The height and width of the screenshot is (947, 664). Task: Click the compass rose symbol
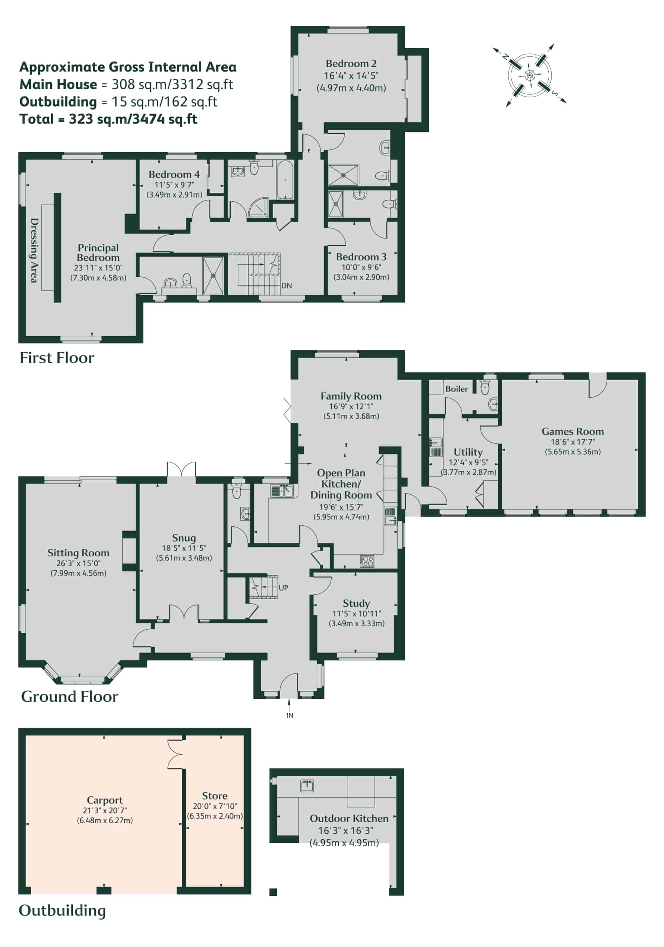point(529,75)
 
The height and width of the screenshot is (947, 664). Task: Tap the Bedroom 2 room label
point(351,64)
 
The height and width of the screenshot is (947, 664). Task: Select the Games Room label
point(573,431)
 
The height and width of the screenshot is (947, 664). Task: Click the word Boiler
point(456,389)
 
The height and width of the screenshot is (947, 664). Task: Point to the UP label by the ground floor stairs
point(283,587)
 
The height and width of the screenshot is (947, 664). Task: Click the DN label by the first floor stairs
point(287,286)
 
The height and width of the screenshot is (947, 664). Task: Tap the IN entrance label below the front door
point(290,715)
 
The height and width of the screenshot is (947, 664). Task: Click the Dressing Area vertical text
point(35,250)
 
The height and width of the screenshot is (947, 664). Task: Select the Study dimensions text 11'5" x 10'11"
point(356,614)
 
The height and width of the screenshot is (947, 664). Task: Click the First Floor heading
point(57,358)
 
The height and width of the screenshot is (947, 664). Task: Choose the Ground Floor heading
point(70,696)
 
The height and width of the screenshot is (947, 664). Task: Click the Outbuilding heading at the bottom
point(62,910)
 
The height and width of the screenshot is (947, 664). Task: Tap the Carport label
point(105,800)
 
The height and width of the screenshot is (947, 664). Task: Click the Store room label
point(215,796)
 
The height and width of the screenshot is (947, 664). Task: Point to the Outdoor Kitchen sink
point(306,786)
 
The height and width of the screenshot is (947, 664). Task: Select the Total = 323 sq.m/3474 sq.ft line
point(108,119)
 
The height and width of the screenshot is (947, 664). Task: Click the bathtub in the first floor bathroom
point(285,180)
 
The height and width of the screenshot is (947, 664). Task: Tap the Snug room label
point(184,538)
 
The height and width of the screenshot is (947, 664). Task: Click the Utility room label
point(468,452)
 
